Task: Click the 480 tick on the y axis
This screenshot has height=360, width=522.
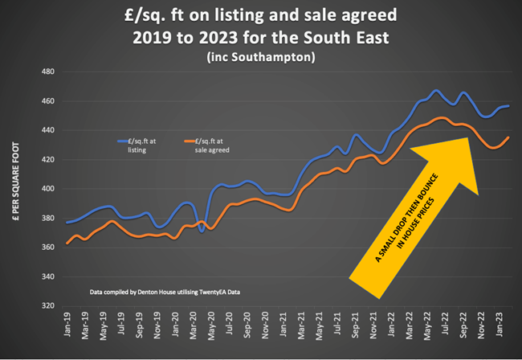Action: (x=48, y=72)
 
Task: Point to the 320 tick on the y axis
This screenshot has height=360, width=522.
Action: (x=48, y=306)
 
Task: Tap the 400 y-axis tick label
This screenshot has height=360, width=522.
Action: (x=48, y=190)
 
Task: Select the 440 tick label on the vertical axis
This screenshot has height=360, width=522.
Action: (x=48, y=131)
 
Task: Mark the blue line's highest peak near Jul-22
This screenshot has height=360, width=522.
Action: (x=436, y=91)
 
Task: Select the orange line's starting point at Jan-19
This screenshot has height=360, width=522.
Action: (x=67, y=243)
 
